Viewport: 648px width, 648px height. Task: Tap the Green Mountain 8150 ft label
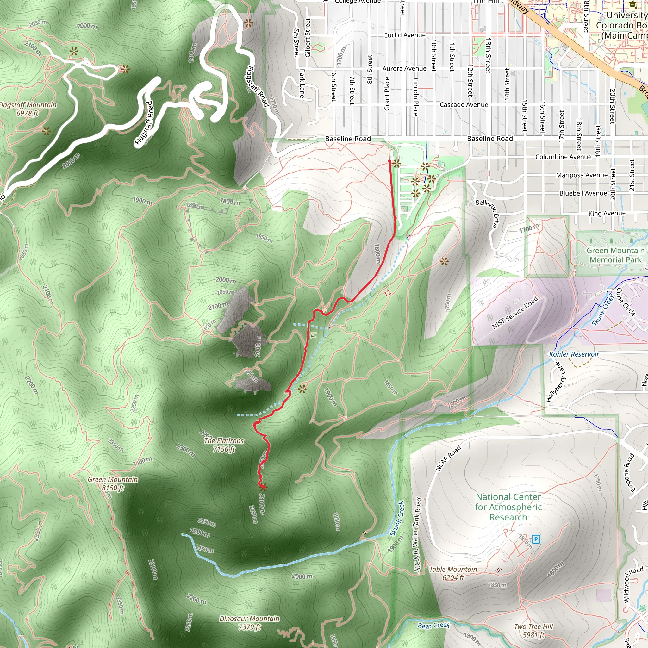click(113, 483)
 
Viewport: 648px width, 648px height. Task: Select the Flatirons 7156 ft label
click(224, 445)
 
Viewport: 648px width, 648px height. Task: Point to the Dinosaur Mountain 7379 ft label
click(249, 622)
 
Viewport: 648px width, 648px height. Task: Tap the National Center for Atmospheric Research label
click(508, 507)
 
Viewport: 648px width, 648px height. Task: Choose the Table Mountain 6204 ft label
click(453, 573)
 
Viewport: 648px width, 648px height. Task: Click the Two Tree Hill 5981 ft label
click(533, 631)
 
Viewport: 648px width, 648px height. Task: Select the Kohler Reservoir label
click(574, 354)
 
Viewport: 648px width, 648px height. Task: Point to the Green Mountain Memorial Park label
click(615, 255)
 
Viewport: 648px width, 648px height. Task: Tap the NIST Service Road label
click(514, 313)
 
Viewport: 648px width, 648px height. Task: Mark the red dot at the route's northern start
click(389, 161)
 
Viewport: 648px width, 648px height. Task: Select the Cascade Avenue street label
click(464, 105)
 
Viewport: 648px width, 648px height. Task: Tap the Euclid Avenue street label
click(404, 35)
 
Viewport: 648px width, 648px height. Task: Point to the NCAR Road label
click(448, 458)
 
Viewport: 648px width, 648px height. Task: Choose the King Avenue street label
click(607, 213)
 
